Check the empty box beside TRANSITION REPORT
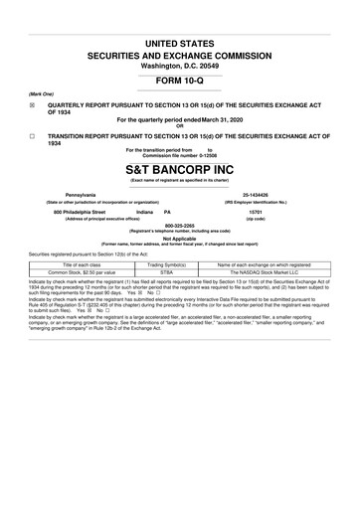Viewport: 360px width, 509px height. point(33,136)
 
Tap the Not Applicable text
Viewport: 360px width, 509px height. point(179,239)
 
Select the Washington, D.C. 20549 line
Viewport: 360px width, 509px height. point(180,64)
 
